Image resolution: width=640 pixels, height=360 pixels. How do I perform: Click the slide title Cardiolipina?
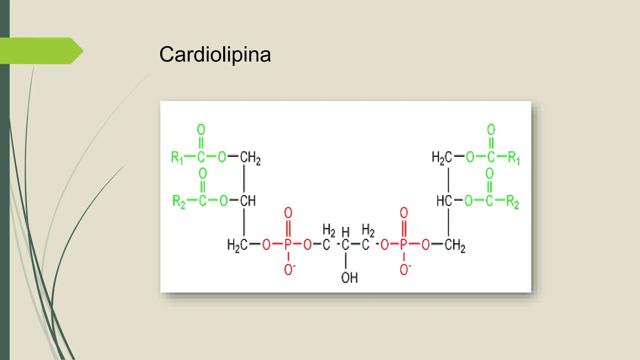click(215, 54)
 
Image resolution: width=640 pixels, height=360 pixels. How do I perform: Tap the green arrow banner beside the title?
click(42, 51)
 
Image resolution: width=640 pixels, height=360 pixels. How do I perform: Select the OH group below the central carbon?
click(349, 277)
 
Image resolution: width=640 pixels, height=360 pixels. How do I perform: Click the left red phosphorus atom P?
click(288, 244)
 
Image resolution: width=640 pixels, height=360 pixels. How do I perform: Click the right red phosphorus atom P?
click(404, 244)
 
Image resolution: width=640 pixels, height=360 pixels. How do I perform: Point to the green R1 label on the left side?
click(177, 157)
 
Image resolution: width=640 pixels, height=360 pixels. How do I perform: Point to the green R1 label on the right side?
click(514, 157)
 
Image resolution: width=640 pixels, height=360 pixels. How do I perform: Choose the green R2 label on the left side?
click(179, 202)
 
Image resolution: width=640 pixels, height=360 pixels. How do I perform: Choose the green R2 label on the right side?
click(512, 202)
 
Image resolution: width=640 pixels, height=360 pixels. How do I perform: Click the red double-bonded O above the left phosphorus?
click(288, 213)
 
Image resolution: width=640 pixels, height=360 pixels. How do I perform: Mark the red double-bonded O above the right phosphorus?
click(404, 213)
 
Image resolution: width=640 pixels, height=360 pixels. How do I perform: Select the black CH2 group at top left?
click(250, 157)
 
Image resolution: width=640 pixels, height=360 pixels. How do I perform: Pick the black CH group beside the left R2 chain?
click(248, 201)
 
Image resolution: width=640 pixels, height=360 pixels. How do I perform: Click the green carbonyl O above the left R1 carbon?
click(201, 130)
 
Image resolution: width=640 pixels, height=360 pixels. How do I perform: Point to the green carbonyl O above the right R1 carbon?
click(491, 130)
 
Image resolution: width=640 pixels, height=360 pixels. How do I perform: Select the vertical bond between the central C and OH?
click(346, 261)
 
